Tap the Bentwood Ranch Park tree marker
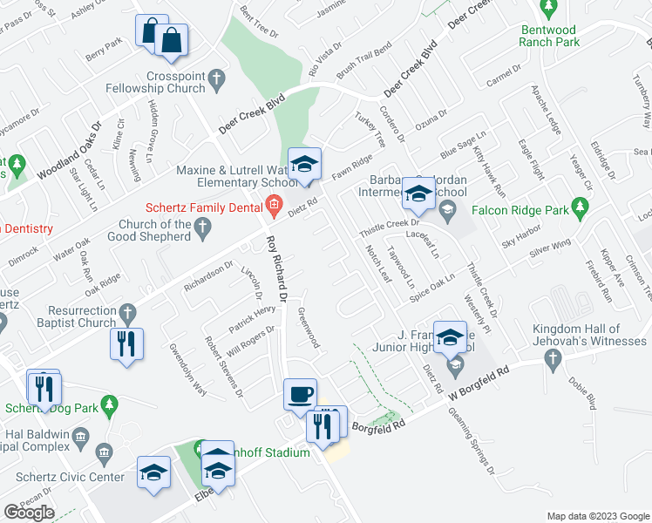pos(549,10)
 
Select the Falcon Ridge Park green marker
pos(578,208)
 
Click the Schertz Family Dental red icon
pos(274,207)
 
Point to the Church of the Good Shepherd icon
pos(203,229)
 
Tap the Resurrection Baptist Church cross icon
pos(126,311)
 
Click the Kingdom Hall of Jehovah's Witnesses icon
pos(551,359)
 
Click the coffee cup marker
pos(300,394)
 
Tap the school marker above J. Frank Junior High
pos(450,337)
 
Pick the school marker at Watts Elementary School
pos(305,163)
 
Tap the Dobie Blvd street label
pos(584,391)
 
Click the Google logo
pos(29,513)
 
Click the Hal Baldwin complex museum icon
pos(79,436)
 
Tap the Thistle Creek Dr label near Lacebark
pos(391,231)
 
